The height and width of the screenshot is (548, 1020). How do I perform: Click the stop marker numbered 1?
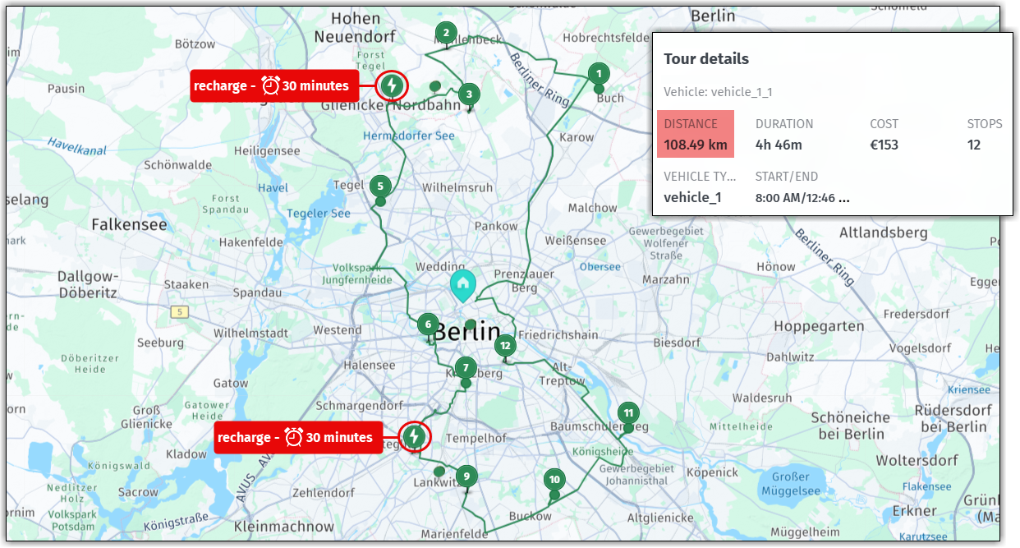(x=599, y=73)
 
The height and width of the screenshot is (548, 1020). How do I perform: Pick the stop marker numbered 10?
(x=554, y=480)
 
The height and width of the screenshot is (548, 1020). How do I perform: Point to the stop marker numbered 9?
(x=466, y=476)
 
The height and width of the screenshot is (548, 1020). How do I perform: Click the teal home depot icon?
(x=463, y=285)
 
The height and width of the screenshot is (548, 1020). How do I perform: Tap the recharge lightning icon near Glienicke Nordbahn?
(x=393, y=85)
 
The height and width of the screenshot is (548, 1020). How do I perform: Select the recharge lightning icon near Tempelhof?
(x=415, y=436)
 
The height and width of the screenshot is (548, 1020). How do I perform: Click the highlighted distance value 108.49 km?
(x=696, y=145)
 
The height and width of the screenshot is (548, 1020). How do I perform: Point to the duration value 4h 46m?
(x=779, y=145)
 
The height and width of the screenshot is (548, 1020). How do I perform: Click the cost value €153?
(x=884, y=145)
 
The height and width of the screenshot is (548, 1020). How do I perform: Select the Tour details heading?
(x=706, y=59)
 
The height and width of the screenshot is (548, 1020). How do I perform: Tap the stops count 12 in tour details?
(x=974, y=145)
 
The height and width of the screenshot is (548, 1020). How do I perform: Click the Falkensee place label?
(x=129, y=224)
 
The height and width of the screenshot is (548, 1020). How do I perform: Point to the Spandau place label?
(x=258, y=292)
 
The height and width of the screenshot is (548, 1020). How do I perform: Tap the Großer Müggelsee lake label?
(x=791, y=484)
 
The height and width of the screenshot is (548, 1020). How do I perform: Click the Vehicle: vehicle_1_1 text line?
(x=718, y=92)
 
